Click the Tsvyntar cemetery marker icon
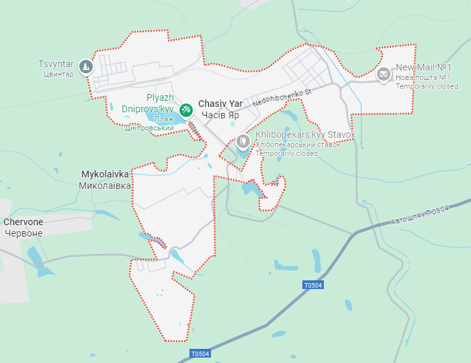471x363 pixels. tap(86, 67)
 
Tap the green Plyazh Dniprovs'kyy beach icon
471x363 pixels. tap(186, 108)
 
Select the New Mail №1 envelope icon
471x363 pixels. tap(384, 74)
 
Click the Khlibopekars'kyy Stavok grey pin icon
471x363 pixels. tap(243, 141)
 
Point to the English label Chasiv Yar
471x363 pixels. tap(220, 104)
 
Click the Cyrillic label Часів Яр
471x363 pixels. tap(220, 115)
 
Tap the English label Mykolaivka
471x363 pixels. tap(105, 173)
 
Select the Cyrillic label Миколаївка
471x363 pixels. tap(105, 185)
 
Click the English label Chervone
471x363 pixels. tap(24, 222)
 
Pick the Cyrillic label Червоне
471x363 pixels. tap(24, 233)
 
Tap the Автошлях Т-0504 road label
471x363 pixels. tap(419, 215)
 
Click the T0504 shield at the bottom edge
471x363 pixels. tap(200, 354)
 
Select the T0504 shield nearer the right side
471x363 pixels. tap(313, 286)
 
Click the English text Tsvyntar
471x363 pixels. tap(56, 64)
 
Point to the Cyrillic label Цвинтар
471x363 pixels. tap(56, 74)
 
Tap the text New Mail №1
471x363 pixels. tap(423, 67)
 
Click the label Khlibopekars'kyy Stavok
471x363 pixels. tap(305, 134)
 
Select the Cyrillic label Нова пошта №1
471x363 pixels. tap(423, 77)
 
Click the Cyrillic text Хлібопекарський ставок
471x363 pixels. tap(298, 145)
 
